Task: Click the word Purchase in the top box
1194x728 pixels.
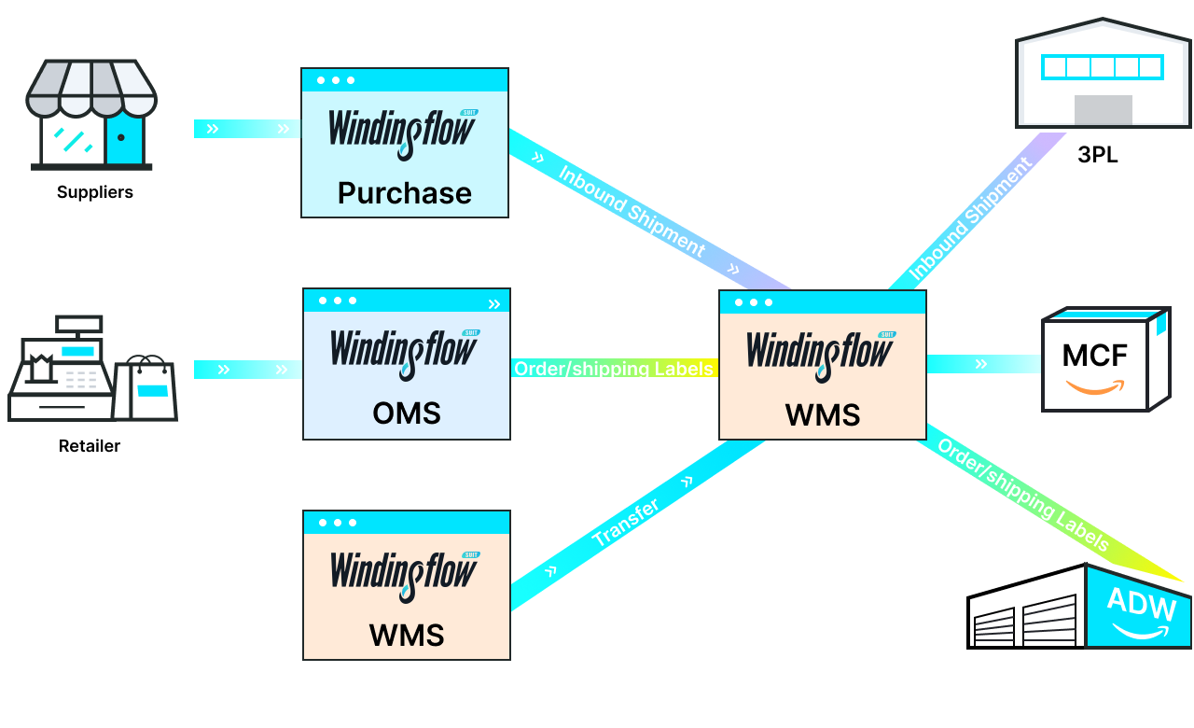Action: (405, 193)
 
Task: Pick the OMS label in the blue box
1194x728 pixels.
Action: (407, 413)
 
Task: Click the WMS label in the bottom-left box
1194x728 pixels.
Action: (407, 635)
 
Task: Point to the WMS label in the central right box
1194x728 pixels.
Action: (823, 413)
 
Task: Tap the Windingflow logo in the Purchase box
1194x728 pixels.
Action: (403, 129)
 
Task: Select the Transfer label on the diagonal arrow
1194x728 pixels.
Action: (626, 524)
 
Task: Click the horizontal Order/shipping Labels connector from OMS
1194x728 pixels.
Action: (614, 369)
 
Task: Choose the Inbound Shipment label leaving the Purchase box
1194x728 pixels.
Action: (632, 212)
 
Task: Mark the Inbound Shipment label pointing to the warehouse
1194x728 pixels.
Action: (971, 220)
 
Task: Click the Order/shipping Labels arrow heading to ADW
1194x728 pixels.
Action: (1023, 495)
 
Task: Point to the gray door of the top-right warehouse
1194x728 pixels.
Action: (1103, 109)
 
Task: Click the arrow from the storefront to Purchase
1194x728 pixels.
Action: (247, 129)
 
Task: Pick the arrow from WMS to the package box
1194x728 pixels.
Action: (982, 364)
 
